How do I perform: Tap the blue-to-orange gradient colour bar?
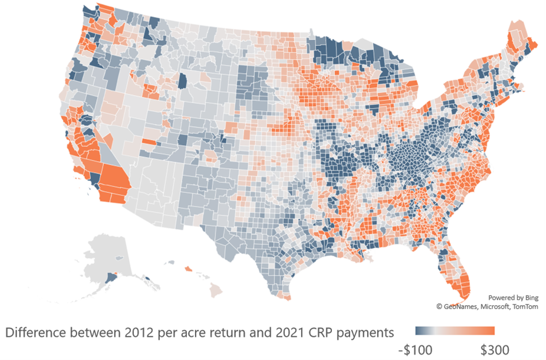click(x=454, y=330)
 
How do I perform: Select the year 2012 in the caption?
click(x=142, y=332)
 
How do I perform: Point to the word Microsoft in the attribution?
click(x=499, y=306)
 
